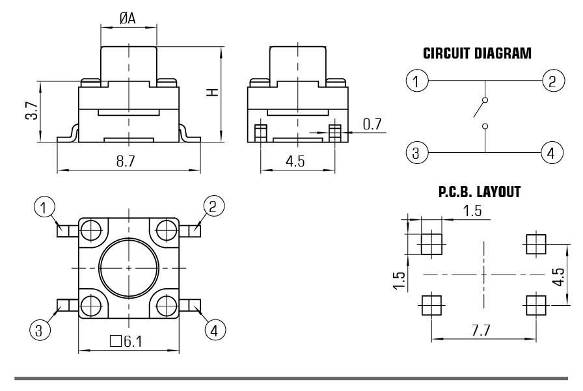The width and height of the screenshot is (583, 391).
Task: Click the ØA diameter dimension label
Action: (128, 19)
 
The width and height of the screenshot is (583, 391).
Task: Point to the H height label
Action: (211, 93)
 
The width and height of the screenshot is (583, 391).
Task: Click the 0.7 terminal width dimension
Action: (372, 124)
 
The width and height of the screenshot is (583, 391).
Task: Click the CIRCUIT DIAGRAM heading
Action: (477, 53)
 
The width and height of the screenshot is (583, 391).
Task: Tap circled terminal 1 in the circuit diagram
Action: (415, 81)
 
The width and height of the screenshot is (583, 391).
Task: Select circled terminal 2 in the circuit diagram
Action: (552, 81)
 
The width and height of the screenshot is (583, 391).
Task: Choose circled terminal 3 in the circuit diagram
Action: (415, 154)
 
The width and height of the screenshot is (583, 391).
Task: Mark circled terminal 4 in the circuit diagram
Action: (552, 154)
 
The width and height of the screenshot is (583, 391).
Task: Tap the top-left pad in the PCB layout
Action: (431, 244)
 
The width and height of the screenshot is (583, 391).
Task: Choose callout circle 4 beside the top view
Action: (212, 330)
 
